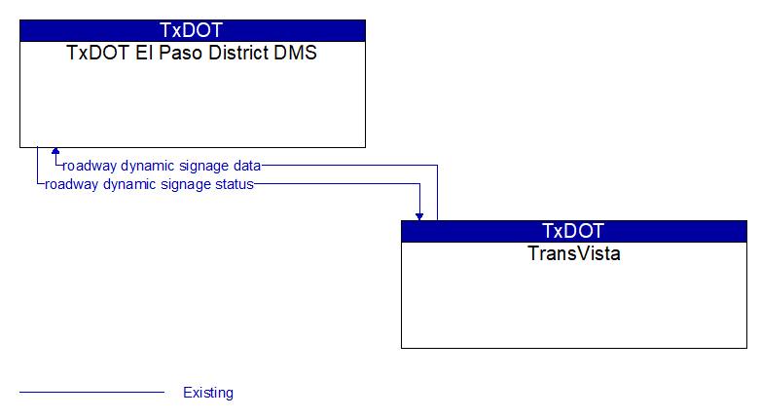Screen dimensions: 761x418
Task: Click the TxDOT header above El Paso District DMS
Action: (x=191, y=30)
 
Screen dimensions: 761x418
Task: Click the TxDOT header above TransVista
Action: (x=573, y=231)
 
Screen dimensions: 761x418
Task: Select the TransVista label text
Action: (x=573, y=253)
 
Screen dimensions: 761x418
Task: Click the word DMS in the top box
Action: (x=295, y=53)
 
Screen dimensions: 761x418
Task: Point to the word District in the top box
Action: (x=237, y=53)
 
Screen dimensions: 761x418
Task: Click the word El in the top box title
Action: (x=144, y=53)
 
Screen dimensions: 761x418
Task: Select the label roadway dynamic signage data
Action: (x=163, y=166)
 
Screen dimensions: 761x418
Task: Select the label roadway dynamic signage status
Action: (x=150, y=184)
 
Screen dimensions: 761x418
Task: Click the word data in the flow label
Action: (x=247, y=166)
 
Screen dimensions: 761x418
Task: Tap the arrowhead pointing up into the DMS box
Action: (x=55, y=151)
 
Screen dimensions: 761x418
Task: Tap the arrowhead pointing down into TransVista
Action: (x=419, y=216)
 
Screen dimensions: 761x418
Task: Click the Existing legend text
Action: (x=208, y=393)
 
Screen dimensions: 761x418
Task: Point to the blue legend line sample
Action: (x=91, y=392)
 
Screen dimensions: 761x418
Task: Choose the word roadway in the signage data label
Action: (x=90, y=167)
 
